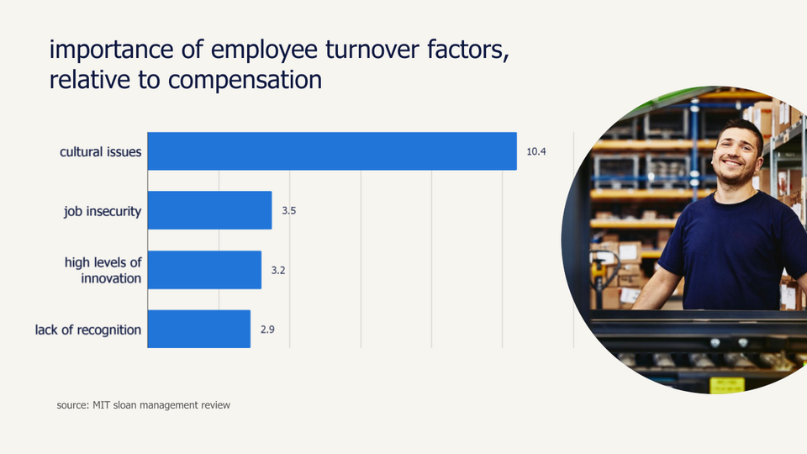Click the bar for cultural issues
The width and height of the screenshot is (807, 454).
point(332,151)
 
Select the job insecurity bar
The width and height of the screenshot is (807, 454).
point(209,210)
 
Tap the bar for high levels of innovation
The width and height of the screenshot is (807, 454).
point(204,270)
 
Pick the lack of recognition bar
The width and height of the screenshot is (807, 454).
point(198,329)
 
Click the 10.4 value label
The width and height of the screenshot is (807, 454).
point(536,152)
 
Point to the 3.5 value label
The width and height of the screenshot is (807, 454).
point(288,211)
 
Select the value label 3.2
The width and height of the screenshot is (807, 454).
point(278,271)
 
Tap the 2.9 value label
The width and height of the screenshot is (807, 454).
point(267,330)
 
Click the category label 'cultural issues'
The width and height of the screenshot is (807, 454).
point(100,152)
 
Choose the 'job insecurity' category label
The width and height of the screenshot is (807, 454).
point(103,211)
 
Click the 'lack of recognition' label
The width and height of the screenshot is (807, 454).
point(88,330)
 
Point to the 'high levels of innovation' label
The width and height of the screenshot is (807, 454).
point(103,270)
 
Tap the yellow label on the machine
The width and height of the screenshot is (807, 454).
point(726,385)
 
